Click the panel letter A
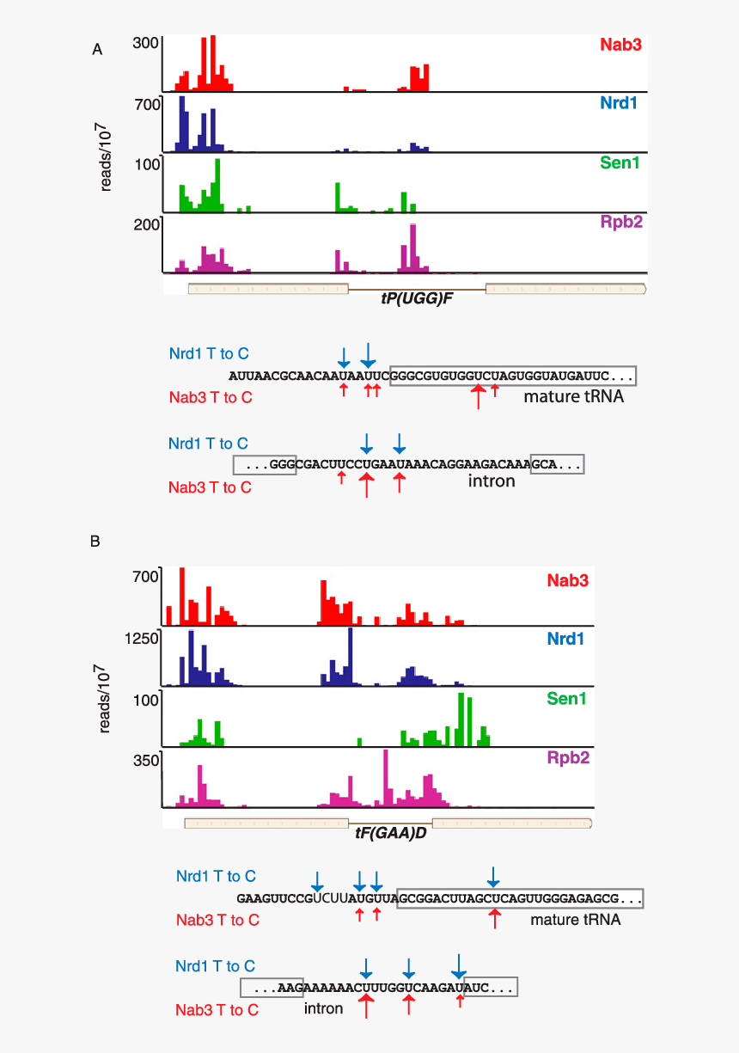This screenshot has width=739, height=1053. pos(97,51)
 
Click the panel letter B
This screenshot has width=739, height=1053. pos(95,542)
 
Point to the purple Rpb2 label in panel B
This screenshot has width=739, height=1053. pos(567,758)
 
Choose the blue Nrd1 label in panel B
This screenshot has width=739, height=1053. pos(567,640)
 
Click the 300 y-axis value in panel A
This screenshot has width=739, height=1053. pos(146,43)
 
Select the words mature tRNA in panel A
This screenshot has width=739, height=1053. pos(575,397)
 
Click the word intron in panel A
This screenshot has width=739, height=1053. pos(492,481)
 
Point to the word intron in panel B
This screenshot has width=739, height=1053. pos(324,1008)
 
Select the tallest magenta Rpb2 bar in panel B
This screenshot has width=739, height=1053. pos(386,778)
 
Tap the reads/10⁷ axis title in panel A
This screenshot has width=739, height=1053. pos(106,156)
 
